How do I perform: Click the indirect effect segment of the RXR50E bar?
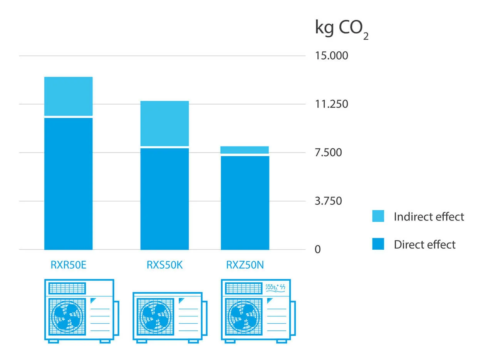pyautogui.click(x=69, y=96)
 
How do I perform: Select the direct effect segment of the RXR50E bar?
pyautogui.click(x=69, y=183)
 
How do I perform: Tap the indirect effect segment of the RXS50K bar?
pyautogui.click(x=164, y=123)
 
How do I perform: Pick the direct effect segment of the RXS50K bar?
pyautogui.click(x=164, y=199)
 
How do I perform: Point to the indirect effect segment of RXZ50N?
pyautogui.click(x=245, y=150)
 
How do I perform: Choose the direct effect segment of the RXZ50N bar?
pyautogui.click(x=245, y=203)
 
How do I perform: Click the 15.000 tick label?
pyautogui.click(x=331, y=56)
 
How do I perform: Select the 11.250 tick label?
pyautogui.click(x=331, y=104)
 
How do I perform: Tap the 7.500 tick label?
pyautogui.click(x=328, y=153)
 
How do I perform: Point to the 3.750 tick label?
pyautogui.click(x=328, y=201)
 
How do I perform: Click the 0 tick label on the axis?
pyautogui.click(x=318, y=250)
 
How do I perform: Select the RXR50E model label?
pyautogui.click(x=69, y=266)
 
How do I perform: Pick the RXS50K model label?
pyautogui.click(x=164, y=266)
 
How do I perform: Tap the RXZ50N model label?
pyautogui.click(x=245, y=266)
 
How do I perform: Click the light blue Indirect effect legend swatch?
pyautogui.click(x=378, y=216)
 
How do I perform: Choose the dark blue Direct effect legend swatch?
pyautogui.click(x=378, y=244)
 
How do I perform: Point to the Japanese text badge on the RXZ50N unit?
pyautogui.click(x=276, y=288)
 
